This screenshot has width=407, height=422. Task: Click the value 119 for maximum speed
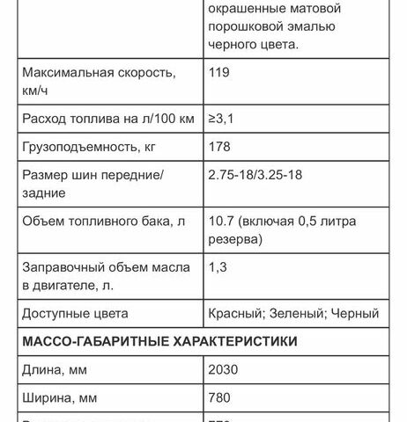pos(218,72)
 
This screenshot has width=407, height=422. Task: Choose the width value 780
pos(219,398)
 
